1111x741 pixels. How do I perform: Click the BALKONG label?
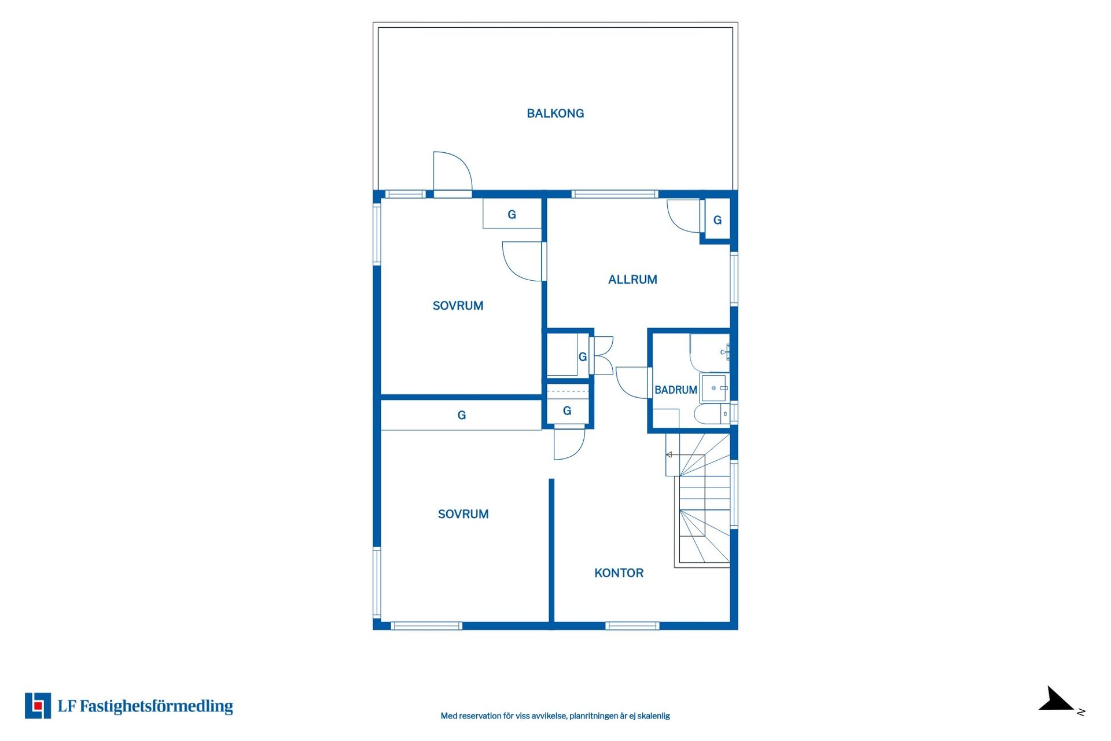555,113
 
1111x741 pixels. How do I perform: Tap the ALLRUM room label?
632,280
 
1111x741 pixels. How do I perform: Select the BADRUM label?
675,390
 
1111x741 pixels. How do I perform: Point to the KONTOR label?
619,573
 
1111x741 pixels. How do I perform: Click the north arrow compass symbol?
1056,699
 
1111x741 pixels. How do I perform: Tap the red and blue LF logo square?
38,706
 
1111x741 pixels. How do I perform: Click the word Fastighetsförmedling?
156,706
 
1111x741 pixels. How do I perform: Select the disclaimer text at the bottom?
555,716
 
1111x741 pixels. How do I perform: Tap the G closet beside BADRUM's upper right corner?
718,220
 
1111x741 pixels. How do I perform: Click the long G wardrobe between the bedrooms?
461,415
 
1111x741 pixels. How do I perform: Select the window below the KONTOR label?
632,626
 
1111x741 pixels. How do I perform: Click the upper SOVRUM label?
458,306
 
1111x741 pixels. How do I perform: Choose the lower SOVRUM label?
463,514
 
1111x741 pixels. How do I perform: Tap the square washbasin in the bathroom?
715,388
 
